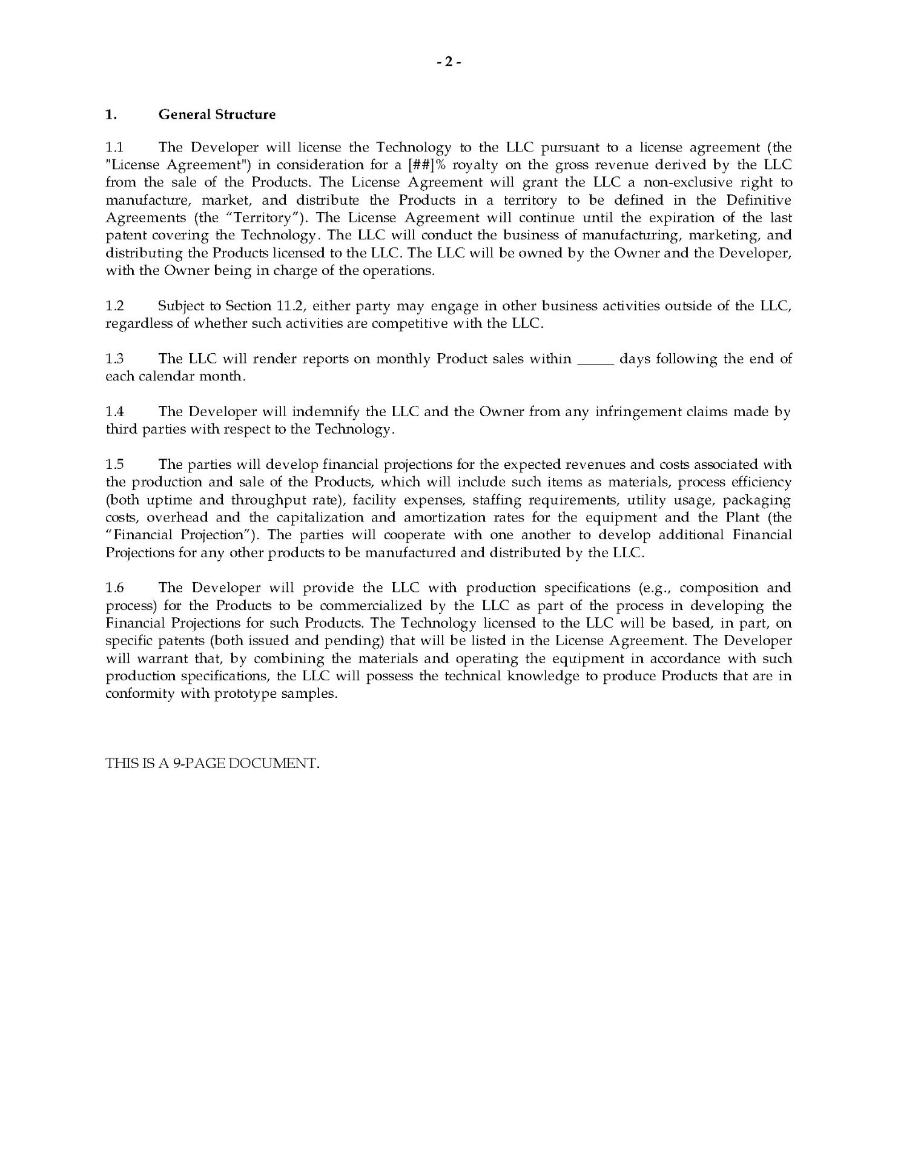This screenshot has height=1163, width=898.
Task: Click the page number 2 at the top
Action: point(449,62)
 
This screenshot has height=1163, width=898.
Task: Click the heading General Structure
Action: point(216,114)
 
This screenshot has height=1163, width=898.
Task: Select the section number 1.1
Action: point(114,147)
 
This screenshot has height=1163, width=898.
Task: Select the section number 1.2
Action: point(114,306)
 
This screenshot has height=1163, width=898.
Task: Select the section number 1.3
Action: point(114,359)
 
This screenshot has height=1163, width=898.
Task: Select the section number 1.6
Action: point(114,588)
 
